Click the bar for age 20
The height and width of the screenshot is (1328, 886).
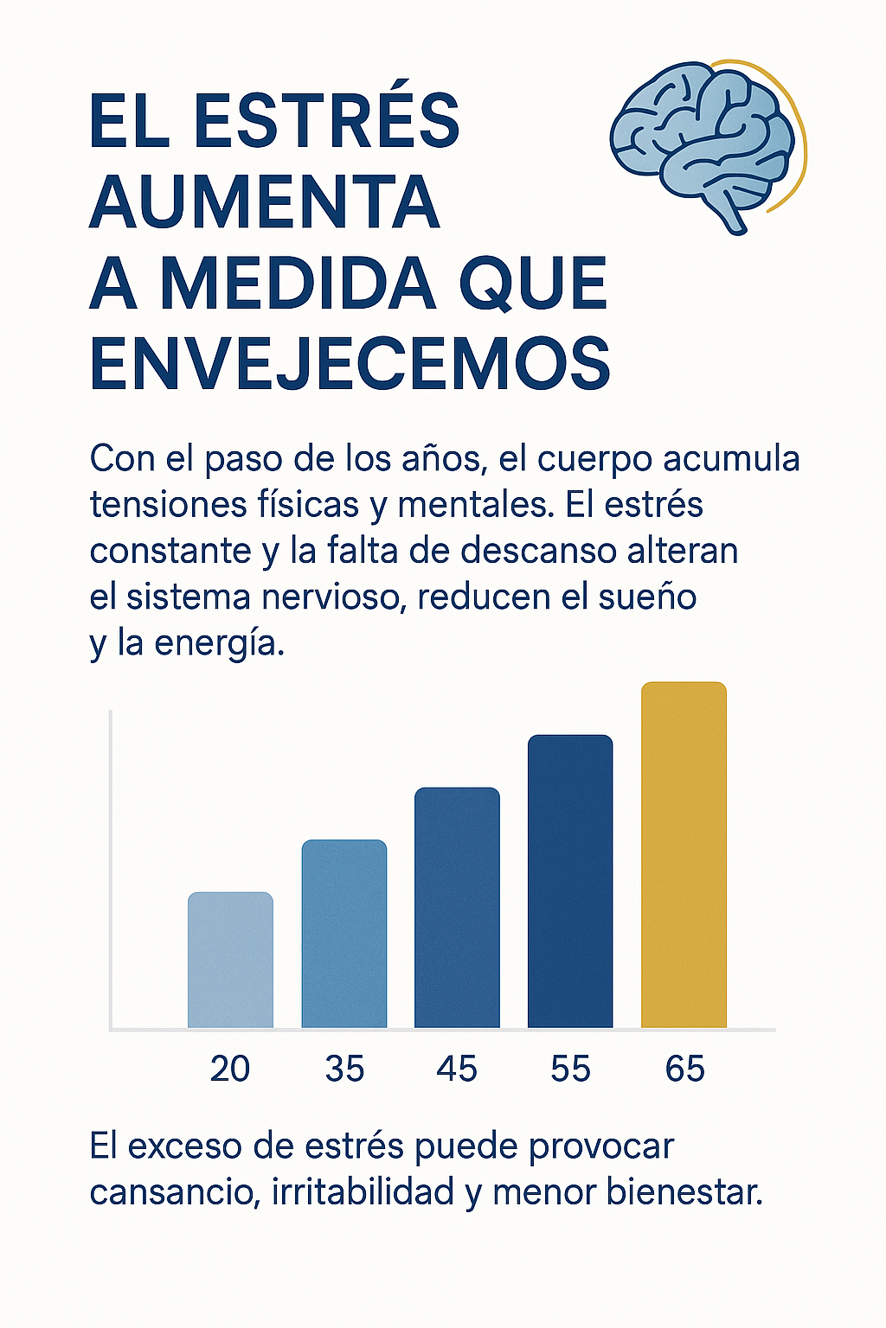click(230, 960)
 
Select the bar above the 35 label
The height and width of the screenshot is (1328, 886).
click(344, 934)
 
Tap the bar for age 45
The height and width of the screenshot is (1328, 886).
click(457, 908)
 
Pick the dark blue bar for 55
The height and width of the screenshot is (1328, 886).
click(570, 882)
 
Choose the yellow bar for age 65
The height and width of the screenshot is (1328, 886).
click(684, 856)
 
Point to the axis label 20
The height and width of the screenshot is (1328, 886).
click(230, 1069)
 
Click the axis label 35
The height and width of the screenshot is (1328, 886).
click(344, 1069)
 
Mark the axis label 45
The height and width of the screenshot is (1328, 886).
click(457, 1069)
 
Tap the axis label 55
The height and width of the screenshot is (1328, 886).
click(570, 1069)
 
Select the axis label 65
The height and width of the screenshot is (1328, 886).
click(684, 1069)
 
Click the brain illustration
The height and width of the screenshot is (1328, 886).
click(703, 143)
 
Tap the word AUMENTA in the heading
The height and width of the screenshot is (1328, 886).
click(265, 202)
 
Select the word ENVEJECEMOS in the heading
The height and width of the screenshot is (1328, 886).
click(350, 363)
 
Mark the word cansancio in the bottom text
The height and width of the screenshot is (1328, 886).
click(173, 1192)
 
